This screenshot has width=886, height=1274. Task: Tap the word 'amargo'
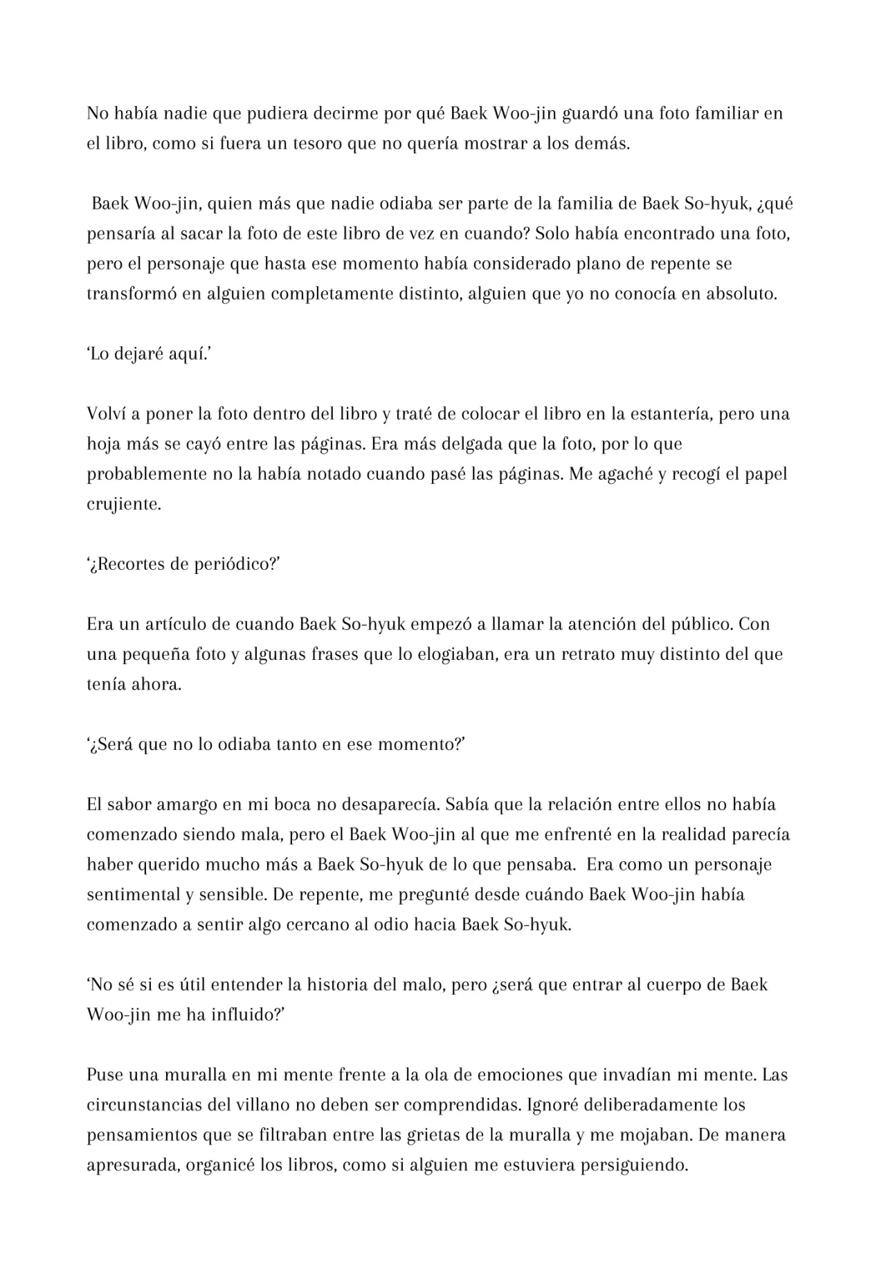186,805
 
